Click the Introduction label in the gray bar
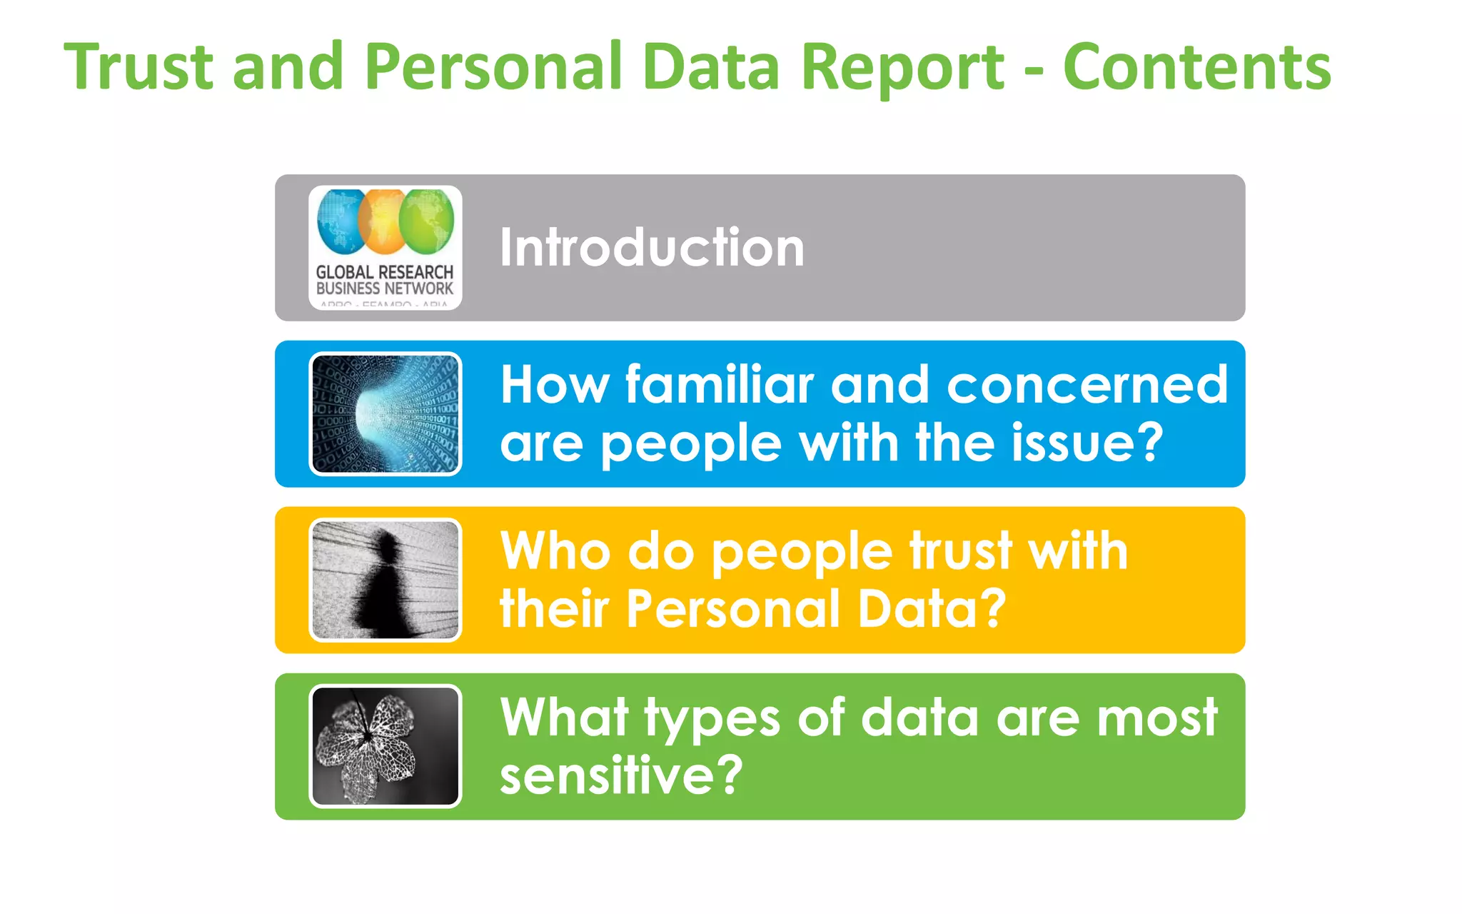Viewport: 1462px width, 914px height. coord(652,247)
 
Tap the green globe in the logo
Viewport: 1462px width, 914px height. coord(427,222)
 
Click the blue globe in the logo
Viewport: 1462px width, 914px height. coord(341,222)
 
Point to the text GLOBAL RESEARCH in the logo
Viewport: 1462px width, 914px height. coord(384,272)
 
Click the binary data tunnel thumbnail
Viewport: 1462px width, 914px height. coord(385,413)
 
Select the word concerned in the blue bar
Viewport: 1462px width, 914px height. coord(1087,385)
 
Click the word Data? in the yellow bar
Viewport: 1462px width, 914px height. coord(932,609)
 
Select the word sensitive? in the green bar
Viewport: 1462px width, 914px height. coord(621,775)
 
